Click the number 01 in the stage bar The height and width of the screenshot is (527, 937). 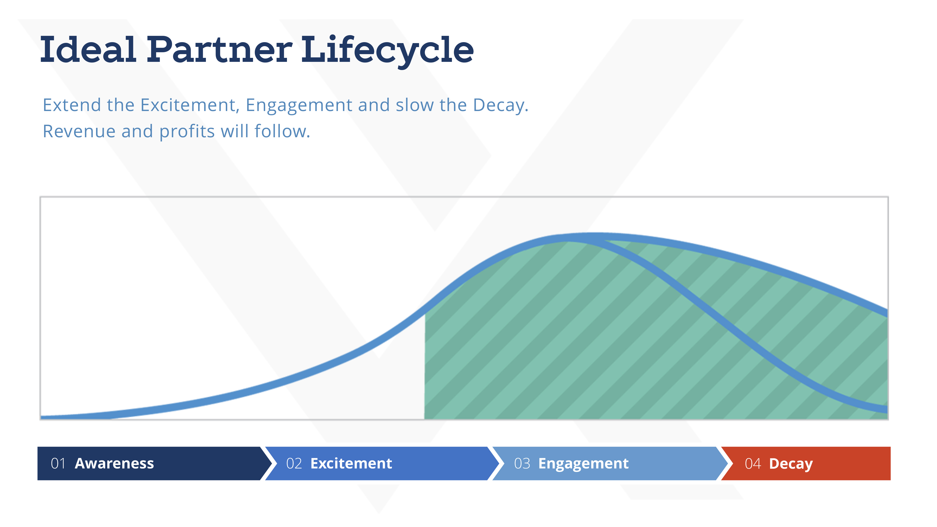pos(58,464)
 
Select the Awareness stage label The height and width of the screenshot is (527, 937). pos(114,464)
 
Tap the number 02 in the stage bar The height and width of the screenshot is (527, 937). pos(294,464)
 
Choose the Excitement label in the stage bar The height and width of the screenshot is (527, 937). pos(351,464)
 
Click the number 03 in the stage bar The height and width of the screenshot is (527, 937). pos(522,464)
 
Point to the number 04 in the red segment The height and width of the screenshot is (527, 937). pos(753,464)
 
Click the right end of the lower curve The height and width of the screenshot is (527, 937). pos(886,409)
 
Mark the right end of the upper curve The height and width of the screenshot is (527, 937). pos(886,313)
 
